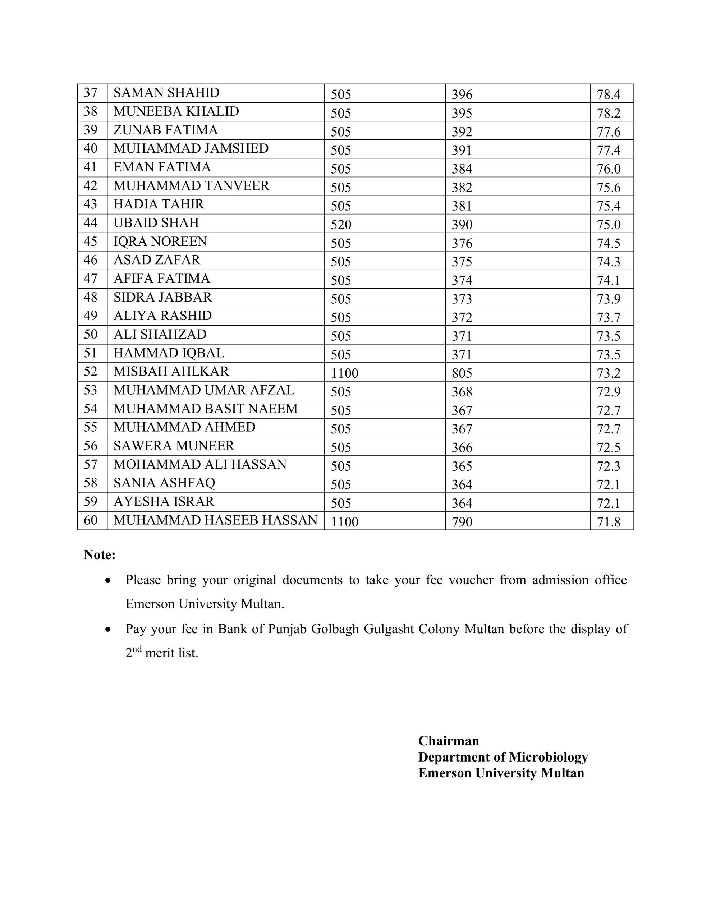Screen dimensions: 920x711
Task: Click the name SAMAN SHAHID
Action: [166, 93]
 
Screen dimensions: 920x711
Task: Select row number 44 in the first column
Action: [91, 223]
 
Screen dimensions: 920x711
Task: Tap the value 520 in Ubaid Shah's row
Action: [341, 225]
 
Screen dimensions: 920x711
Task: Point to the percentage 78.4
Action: [608, 95]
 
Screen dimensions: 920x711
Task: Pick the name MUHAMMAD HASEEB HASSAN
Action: [215, 520]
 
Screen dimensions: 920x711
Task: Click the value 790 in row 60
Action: [462, 522]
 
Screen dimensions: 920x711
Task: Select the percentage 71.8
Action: [608, 522]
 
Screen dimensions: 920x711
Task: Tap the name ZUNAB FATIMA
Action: [166, 130]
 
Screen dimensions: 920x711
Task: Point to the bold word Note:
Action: [100, 555]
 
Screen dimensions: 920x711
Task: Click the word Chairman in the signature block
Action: [449, 741]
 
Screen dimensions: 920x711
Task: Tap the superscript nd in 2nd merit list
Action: [137, 649]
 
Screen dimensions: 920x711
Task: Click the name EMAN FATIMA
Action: [162, 167]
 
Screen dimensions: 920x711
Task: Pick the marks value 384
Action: [462, 169]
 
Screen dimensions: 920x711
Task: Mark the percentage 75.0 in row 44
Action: [608, 225]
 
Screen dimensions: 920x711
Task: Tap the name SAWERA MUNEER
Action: [174, 446]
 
